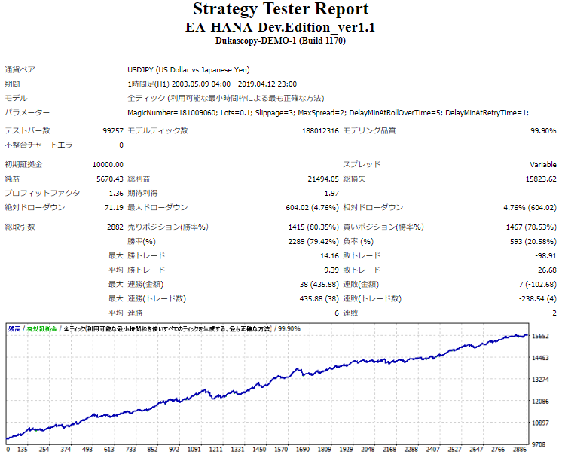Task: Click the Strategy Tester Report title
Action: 280,9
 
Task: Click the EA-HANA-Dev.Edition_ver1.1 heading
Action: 280,26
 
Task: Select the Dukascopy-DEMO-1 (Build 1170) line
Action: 280,41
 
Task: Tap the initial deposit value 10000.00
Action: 108,164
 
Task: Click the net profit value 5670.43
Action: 109,179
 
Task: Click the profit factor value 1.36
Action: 115,193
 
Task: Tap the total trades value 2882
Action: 114,227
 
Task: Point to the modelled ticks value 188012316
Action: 319,130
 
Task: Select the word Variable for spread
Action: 542,164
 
